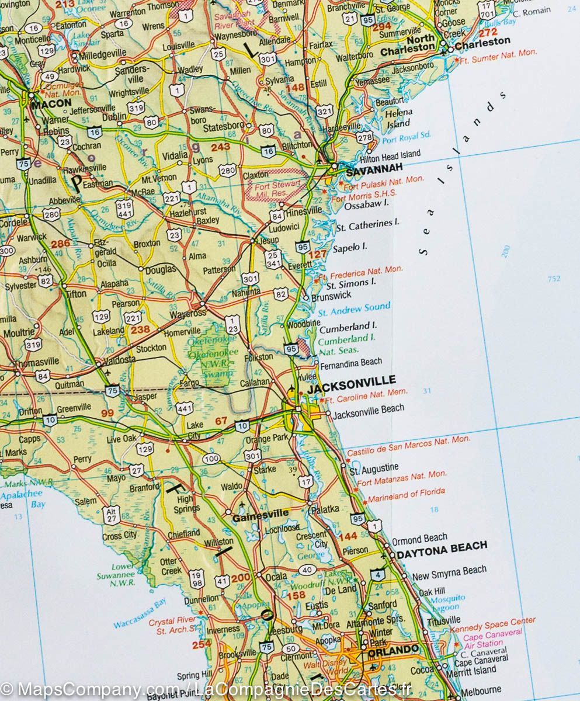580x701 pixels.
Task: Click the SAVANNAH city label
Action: [x=374, y=173]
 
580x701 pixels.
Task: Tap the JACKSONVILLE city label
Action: [x=352, y=380]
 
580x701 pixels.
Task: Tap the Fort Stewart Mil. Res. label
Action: [x=276, y=187]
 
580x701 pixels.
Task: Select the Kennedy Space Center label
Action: [x=492, y=623]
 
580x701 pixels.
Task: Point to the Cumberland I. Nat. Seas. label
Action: [x=346, y=343]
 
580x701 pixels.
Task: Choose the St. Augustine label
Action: [x=374, y=469]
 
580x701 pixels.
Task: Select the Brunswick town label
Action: [x=331, y=296]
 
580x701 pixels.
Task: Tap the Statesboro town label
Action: [x=223, y=126]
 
